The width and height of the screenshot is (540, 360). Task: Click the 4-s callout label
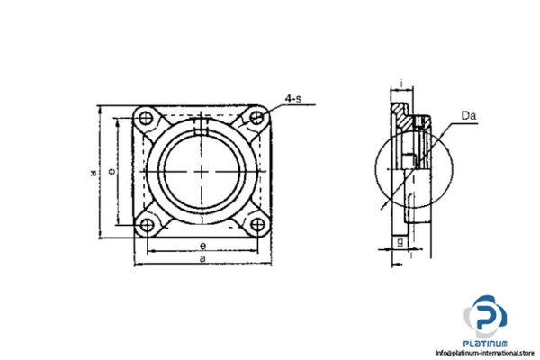(295, 100)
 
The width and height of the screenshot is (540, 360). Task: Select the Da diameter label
(468, 115)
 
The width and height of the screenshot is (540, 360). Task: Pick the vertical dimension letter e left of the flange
(111, 169)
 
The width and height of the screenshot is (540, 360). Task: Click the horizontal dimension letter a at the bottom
(202, 258)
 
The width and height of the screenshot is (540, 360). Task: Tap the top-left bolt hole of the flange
(146, 116)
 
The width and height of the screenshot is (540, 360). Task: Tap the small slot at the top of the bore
(202, 133)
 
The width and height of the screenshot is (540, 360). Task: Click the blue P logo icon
(486, 318)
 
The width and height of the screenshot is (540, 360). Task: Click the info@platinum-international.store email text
(484, 353)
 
